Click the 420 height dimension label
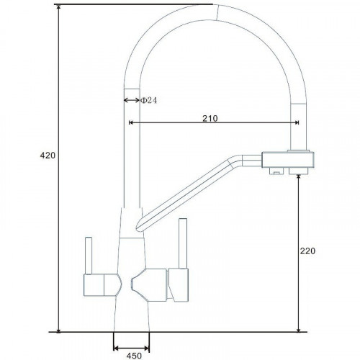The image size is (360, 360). (48, 156)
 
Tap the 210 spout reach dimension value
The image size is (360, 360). (210, 118)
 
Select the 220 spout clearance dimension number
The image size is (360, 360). (307, 251)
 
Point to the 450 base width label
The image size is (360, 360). (134, 356)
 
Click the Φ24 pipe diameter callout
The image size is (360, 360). (149, 100)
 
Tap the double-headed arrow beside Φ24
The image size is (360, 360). (132, 100)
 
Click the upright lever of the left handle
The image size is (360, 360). (89, 256)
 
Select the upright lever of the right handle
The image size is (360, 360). (183, 243)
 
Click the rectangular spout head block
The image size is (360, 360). (288, 160)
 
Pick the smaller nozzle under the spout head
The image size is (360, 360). (276, 171)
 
